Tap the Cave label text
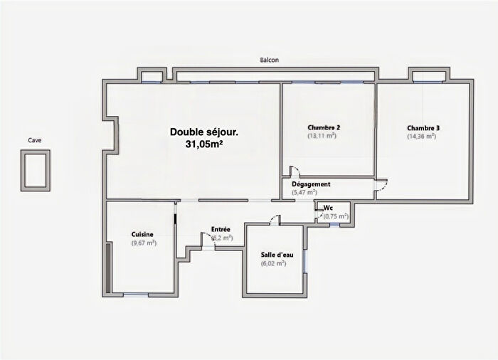click(x=35, y=140)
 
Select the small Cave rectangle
click(x=35, y=171)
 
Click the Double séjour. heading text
click(x=203, y=132)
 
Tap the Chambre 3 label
click(x=423, y=128)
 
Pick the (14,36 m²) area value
click(x=421, y=137)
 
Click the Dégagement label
click(x=311, y=184)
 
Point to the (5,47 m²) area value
click(x=304, y=193)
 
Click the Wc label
click(x=328, y=208)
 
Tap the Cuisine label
click(x=144, y=234)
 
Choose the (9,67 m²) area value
click(x=144, y=243)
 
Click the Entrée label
click(x=221, y=229)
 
